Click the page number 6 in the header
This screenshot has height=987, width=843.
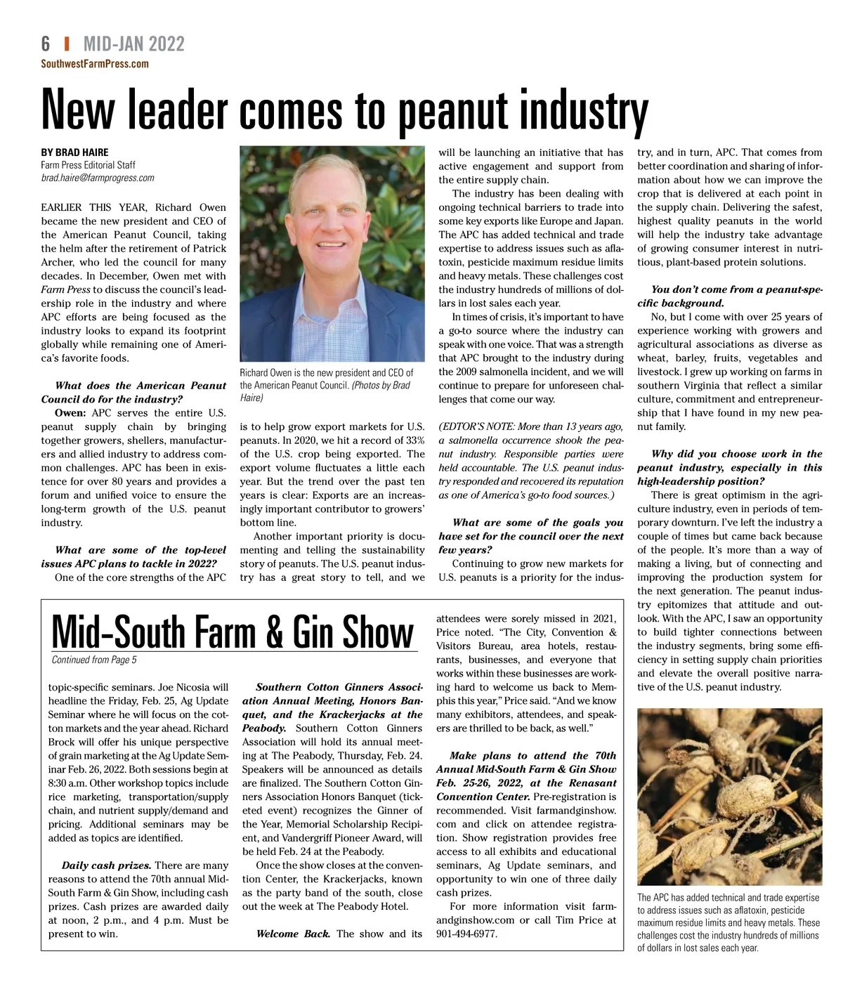click(46, 44)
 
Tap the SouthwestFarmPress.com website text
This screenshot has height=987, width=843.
click(95, 64)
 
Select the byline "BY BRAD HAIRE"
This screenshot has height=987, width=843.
click(74, 152)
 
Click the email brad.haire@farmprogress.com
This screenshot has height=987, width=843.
click(97, 178)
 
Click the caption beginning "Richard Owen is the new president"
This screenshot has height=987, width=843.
click(327, 385)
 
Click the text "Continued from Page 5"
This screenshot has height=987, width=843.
click(94, 660)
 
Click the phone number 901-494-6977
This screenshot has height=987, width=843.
click(466, 934)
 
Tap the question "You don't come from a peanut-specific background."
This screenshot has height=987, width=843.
click(729, 296)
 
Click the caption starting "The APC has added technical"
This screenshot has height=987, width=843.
click(728, 922)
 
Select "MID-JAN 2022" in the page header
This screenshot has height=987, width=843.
click(133, 44)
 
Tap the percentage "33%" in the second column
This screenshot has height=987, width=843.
click(415, 440)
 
